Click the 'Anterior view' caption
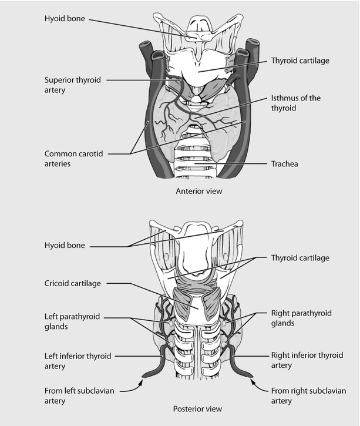pos(199,191)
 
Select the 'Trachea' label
pos(284,164)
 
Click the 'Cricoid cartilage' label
pos(73,283)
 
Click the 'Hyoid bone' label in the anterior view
pos(65,18)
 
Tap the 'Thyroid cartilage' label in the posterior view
pos(300,258)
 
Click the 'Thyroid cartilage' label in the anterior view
pos(300,61)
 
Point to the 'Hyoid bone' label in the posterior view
pos(65,246)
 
